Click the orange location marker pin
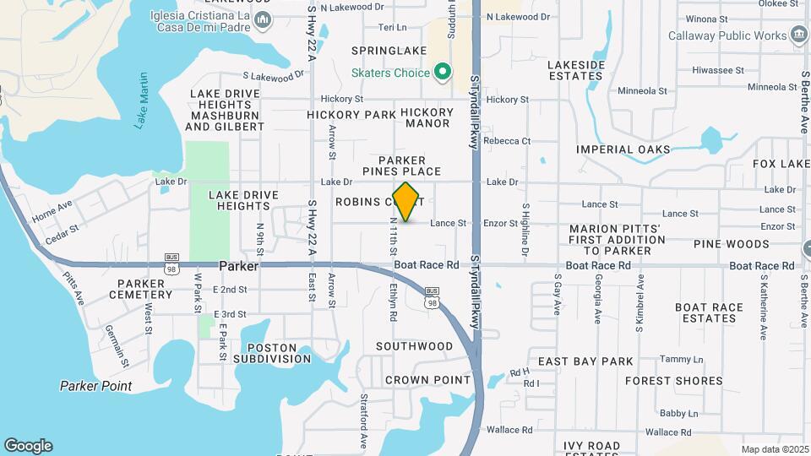tap(406, 202)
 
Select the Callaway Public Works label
tap(727, 35)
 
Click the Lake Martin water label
tap(141, 101)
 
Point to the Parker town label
tap(237, 265)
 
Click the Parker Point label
tap(95, 386)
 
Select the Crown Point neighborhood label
tap(427, 380)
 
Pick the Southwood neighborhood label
tap(414, 346)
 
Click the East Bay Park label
tap(585, 361)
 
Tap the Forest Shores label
tap(673, 381)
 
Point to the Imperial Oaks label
tap(623, 149)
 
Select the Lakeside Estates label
tap(576, 70)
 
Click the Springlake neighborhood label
tap(389, 51)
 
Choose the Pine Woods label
tap(731, 244)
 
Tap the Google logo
tap(28, 446)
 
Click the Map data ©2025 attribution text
tap(775, 449)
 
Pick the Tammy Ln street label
tap(675, 359)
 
